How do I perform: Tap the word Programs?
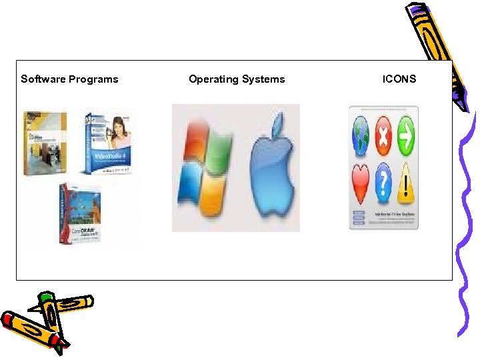[94, 79]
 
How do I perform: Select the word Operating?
[213, 79]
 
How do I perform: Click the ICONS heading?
[399, 79]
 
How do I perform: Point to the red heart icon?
[361, 183]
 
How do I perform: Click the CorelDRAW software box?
[81, 213]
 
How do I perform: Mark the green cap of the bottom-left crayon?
[45, 298]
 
